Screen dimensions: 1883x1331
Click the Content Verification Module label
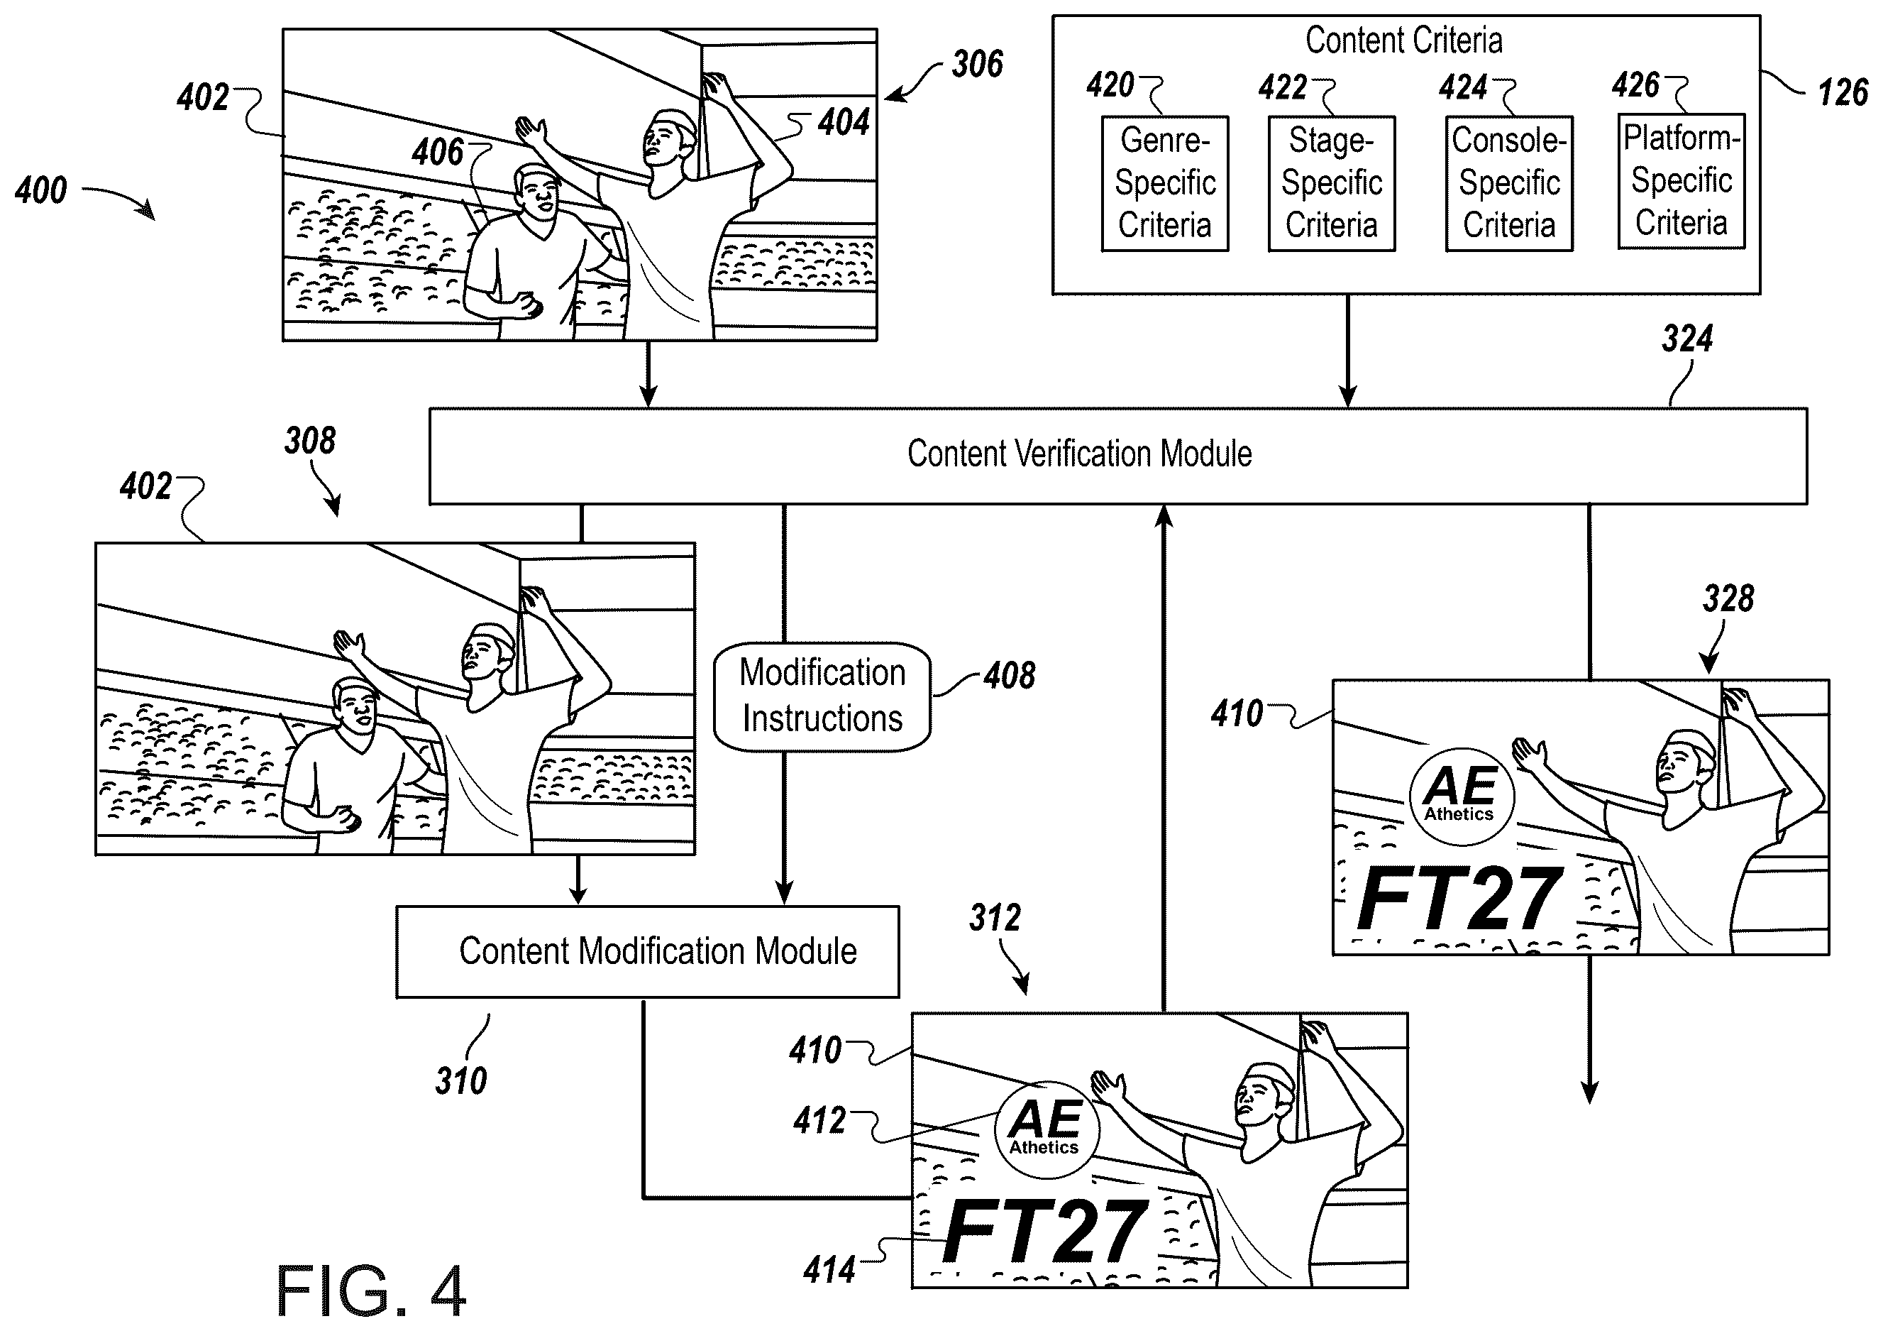pyautogui.click(x=1079, y=454)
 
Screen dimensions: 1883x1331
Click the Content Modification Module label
pyautogui.click(x=658, y=952)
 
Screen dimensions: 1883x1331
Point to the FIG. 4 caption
pyautogui.click(x=370, y=1290)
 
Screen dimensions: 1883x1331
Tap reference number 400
pyautogui.click(x=41, y=190)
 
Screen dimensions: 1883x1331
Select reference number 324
pyautogui.click(x=1688, y=338)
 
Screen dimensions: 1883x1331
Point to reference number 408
pyautogui.click(x=1010, y=675)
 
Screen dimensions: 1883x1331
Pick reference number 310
pyautogui.click(x=461, y=1080)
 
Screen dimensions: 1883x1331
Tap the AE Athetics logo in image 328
pyautogui.click(x=1462, y=796)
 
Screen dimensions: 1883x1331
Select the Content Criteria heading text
pyautogui.click(x=1404, y=40)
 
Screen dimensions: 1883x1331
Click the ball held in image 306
pyautogui.click(x=532, y=307)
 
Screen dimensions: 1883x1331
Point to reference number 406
pyautogui.click(x=438, y=153)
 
